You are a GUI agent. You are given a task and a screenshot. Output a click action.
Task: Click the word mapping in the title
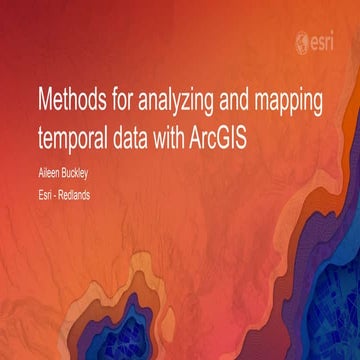click(x=294, y=102)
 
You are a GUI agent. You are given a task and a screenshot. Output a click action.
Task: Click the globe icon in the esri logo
click(x=302, y=44)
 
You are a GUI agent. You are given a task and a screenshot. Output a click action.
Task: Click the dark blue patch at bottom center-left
click(x=150, y=335)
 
